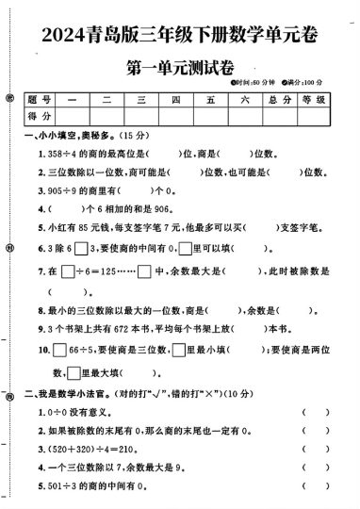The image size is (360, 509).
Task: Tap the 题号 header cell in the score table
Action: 38,99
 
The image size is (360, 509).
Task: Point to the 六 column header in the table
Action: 243,99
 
